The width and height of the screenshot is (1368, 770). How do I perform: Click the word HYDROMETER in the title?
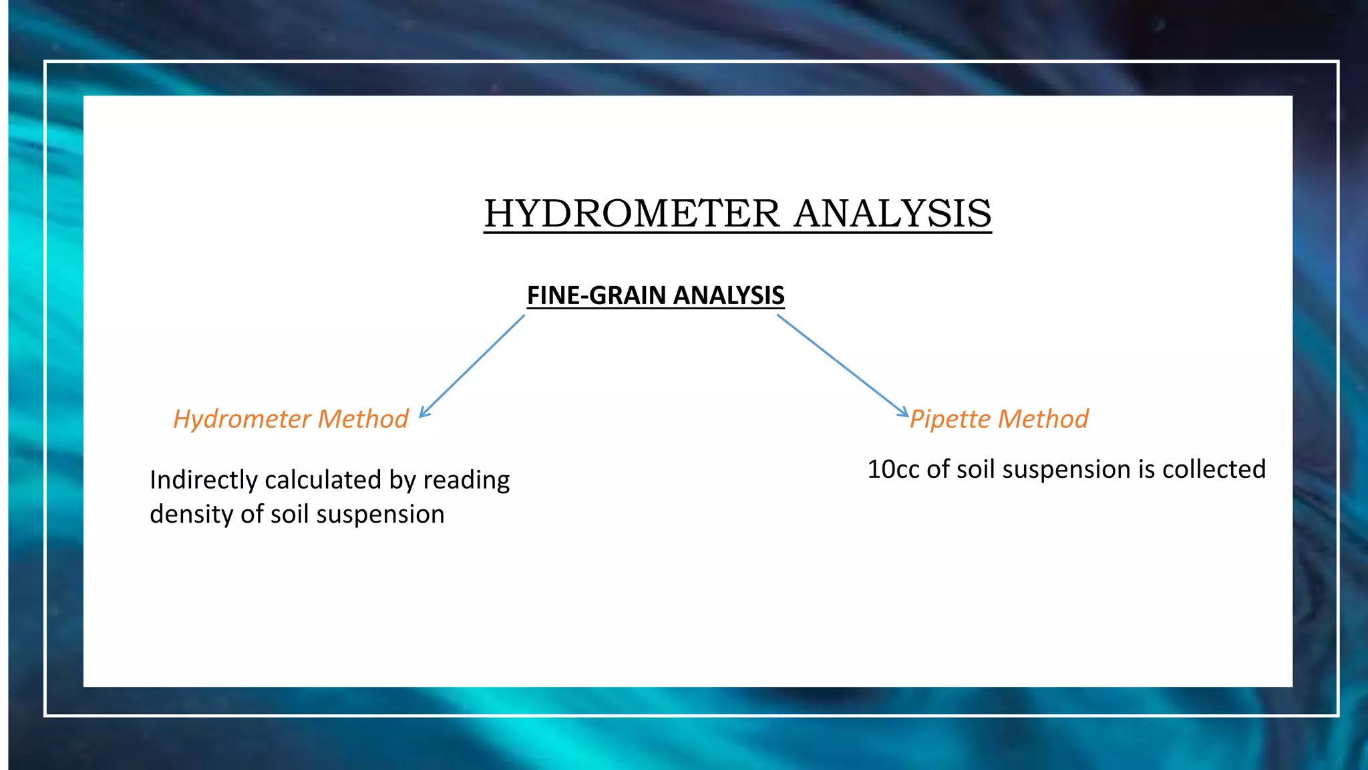[x=631, y=214]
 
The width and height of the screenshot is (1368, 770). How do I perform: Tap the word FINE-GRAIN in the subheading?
[x=596, y=295]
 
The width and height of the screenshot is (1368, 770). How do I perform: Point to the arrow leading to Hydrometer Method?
[x=472, y=366]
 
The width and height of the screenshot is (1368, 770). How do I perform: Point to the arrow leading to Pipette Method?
[x=843, y=366]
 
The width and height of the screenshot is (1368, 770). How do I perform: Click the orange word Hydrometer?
[x=242, y=419]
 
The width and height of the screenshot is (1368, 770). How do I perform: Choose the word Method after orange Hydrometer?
[x=363, y=419]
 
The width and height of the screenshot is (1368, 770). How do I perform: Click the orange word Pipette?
[x=951, y=419]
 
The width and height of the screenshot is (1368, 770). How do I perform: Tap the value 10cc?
[x=893, y=469]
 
